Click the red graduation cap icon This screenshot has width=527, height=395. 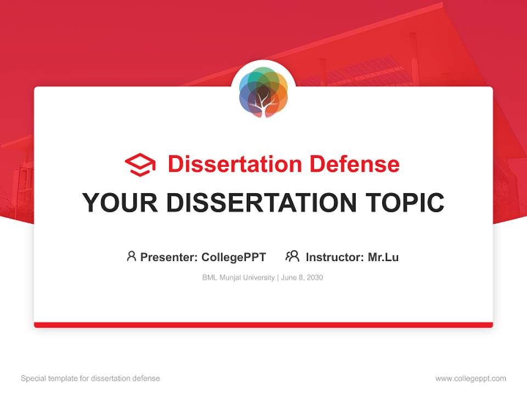140,165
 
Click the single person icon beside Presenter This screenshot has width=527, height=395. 131,256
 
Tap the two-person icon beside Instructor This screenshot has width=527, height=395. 292,256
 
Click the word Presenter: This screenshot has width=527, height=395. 169,257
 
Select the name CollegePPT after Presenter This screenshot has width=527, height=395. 233,257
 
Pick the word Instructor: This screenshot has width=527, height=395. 335,257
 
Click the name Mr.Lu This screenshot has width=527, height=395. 383,257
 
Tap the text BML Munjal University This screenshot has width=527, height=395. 238,278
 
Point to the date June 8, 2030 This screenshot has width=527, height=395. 302,278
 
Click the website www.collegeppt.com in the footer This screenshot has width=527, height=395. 470,379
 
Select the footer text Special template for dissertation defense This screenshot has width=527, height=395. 91,379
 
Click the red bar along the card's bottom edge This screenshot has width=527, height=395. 263,325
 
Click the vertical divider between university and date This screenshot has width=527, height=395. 278,278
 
